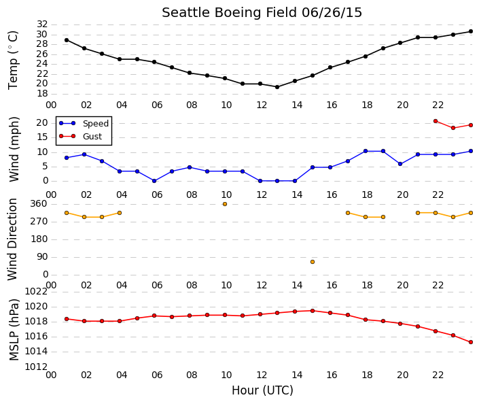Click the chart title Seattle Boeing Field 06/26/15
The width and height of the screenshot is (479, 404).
pyautogui.click(x=262, y=12)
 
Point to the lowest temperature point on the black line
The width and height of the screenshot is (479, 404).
pyautogui.click(x=277, y=87)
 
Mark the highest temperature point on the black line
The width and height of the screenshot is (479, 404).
pyautogui.click(x=471, y=31)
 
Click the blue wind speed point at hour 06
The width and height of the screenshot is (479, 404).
pyautogui.click(x=154, y=181)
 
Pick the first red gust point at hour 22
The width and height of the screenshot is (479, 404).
pyautogui.click(x=436, y=121)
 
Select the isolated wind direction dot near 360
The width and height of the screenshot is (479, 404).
pyautogui.click(x=225, y=204)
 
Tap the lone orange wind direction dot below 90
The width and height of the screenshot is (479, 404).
pyautogui.click(x=313, y=262)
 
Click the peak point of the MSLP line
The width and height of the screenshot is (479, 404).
pyautogui.click(x=313, y=311)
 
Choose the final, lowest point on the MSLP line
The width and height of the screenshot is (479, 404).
pyautogui.click(x=471, y=342)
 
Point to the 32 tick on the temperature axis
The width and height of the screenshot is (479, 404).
pyautogui.click(x=42, y=24)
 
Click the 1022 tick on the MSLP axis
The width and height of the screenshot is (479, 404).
pyautogui.click(x=36, y=292)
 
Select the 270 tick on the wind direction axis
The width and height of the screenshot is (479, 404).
pyautogui.click(x=39, y=222)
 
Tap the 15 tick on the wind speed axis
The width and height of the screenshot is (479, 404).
pyautogui.click(x=42, y=137)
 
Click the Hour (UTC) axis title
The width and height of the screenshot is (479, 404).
pyautogui.click(x=262, y=390)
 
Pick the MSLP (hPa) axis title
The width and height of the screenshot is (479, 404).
pyautogui.click(x=14, y=330)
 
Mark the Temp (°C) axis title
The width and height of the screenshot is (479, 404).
pyautogui.click(x=13, y=61)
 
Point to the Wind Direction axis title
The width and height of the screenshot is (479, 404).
pyautogui.click(x=12, y=239)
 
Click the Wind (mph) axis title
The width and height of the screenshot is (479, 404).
pyautogui.click(x=14, y=150)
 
